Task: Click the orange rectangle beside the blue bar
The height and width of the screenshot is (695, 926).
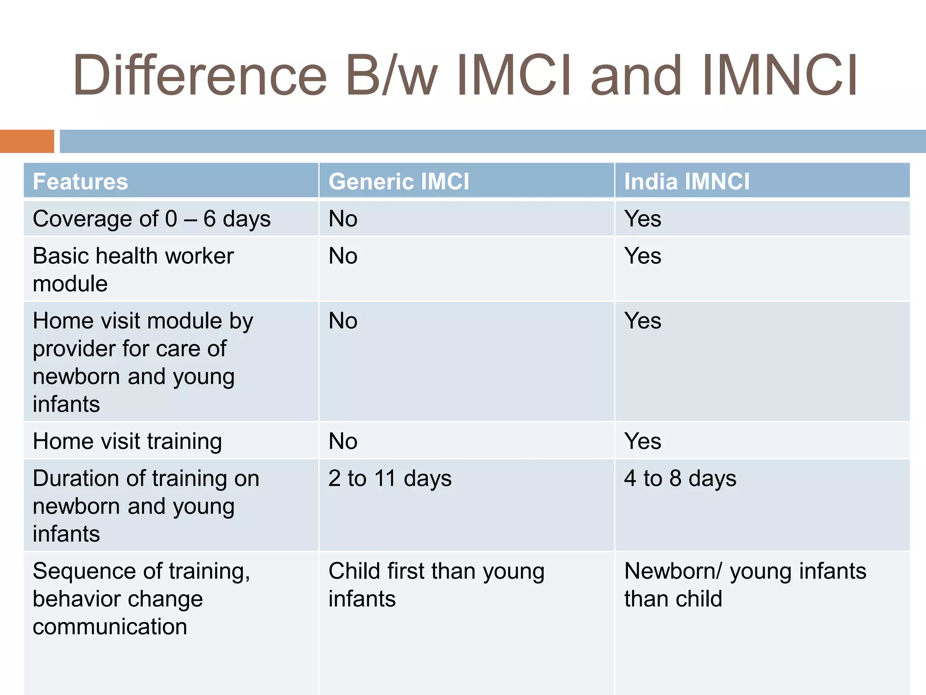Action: tap(27, 141)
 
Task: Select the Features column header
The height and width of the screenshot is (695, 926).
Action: tap(80, 181)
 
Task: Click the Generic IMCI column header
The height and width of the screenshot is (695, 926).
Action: tap(399, 181)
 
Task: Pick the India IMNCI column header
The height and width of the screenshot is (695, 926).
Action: tap(686, 181)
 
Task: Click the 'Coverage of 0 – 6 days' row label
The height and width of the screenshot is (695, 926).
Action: tap(151, 219)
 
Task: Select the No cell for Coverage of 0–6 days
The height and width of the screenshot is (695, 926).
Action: tap(343, 219)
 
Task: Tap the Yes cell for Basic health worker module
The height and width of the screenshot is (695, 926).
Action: tap(643, 256)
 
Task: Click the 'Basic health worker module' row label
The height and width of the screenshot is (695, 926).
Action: tap(133, 270)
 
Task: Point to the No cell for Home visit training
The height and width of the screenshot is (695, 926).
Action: tap(343, 441)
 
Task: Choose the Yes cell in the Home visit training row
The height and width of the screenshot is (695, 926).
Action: tap(643, 441)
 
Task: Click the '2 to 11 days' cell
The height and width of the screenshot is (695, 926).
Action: tap(390, 479)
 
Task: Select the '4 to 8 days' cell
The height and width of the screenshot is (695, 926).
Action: tap(680, 479)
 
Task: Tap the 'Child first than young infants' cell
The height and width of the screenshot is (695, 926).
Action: tap(436, 585)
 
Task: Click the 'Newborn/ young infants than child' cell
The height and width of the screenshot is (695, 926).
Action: tap(745, 585)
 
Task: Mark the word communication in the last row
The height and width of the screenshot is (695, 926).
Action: tap(110, 627)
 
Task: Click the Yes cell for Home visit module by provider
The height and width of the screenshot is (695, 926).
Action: tap(643, 321)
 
